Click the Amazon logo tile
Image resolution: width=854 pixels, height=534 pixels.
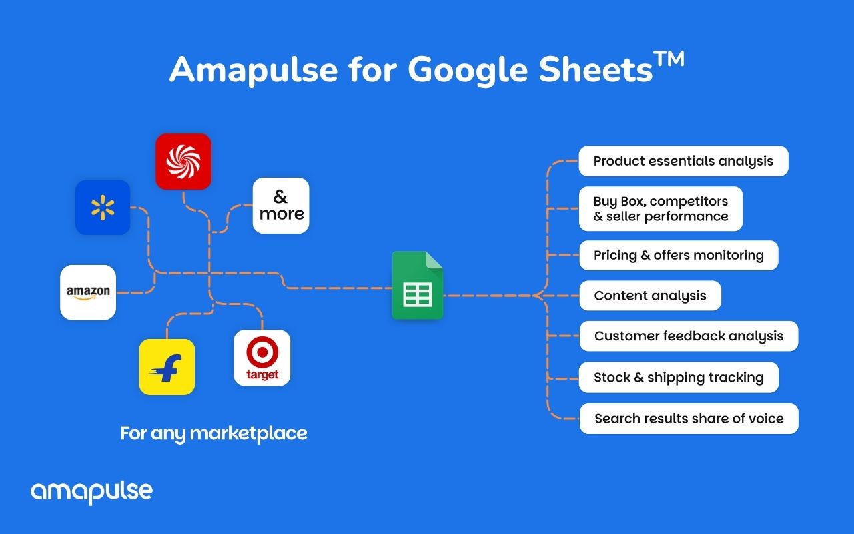tap(88, 292)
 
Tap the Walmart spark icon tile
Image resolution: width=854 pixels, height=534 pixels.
tap(103, 208)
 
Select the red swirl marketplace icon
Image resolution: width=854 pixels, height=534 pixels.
tap(183, 162)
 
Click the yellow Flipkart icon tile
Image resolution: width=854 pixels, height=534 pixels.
tap(167, 367)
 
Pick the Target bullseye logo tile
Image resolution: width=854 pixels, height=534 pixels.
tap(262, 358)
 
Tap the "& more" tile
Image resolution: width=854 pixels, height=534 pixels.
tap(281, 206)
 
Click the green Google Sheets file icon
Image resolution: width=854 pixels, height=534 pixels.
tap(418, 285)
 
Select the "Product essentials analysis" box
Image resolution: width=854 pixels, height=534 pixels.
tap(684, 161)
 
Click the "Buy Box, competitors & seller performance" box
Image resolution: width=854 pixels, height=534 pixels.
tap(661, 209)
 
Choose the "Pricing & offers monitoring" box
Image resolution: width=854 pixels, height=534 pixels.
tap(679, 255)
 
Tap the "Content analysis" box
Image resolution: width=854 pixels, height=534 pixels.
tap(650, 296)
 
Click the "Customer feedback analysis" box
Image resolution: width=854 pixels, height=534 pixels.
tap(689, 336)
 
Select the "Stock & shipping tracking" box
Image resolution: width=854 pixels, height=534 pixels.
tap(679, 377)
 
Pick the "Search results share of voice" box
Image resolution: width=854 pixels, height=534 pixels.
tap(689, 419)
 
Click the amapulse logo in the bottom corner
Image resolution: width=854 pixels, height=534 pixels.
tap(91, 493)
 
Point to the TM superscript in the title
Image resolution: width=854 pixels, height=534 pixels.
tap(669, 60)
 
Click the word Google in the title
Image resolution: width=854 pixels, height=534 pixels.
tap(468, 71)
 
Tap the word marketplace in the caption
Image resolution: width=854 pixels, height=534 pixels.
tap(248, 433)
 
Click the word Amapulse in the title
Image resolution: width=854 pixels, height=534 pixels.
tap(254, 71)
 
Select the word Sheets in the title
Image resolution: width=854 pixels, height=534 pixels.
tap(596, 69)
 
